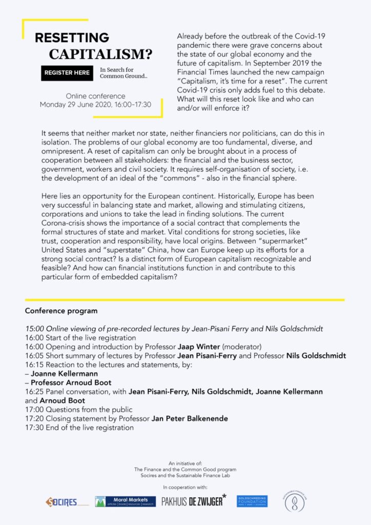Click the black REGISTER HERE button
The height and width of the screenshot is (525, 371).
(x=67, y=73)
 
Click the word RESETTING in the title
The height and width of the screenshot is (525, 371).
(x=72, y=38)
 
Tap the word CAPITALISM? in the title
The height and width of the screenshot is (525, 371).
(x=100, y=54)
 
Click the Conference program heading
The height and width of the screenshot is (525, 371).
(x=61, y=311)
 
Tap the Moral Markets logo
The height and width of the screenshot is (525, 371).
(x=125, y=501)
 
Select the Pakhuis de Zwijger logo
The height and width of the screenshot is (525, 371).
(x=193, y=501)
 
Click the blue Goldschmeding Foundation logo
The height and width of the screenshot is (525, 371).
(x=252, y=501)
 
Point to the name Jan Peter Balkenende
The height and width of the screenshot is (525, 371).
(x=190, y=418)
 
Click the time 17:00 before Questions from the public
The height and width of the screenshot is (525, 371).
(x=34, y=410)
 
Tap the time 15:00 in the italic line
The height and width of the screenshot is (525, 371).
(x=34, y=328)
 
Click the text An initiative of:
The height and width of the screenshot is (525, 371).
(x=185, y=463)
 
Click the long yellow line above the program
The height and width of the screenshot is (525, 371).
(x=184, y=300)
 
